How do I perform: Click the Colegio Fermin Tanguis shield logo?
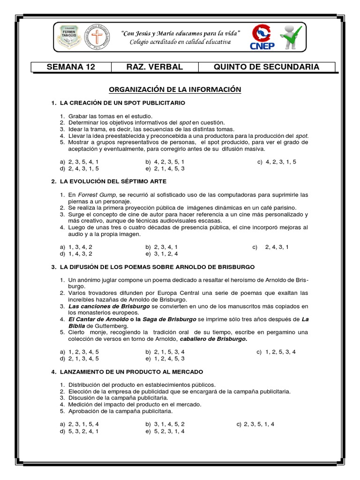[70, 38]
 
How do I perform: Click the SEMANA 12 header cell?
[71, 67]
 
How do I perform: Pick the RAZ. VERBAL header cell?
[154, 67]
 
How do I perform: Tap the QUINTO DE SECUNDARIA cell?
[266, 67]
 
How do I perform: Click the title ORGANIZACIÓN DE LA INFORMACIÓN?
[174, 89]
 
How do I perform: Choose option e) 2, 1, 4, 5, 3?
[165, 168]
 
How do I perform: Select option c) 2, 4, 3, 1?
[270, 247]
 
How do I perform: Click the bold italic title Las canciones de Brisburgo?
[109, 306]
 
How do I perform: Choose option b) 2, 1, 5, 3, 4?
[165, 352]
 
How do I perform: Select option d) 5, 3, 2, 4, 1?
[79, 431]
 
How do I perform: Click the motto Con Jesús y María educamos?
[181, 33]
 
